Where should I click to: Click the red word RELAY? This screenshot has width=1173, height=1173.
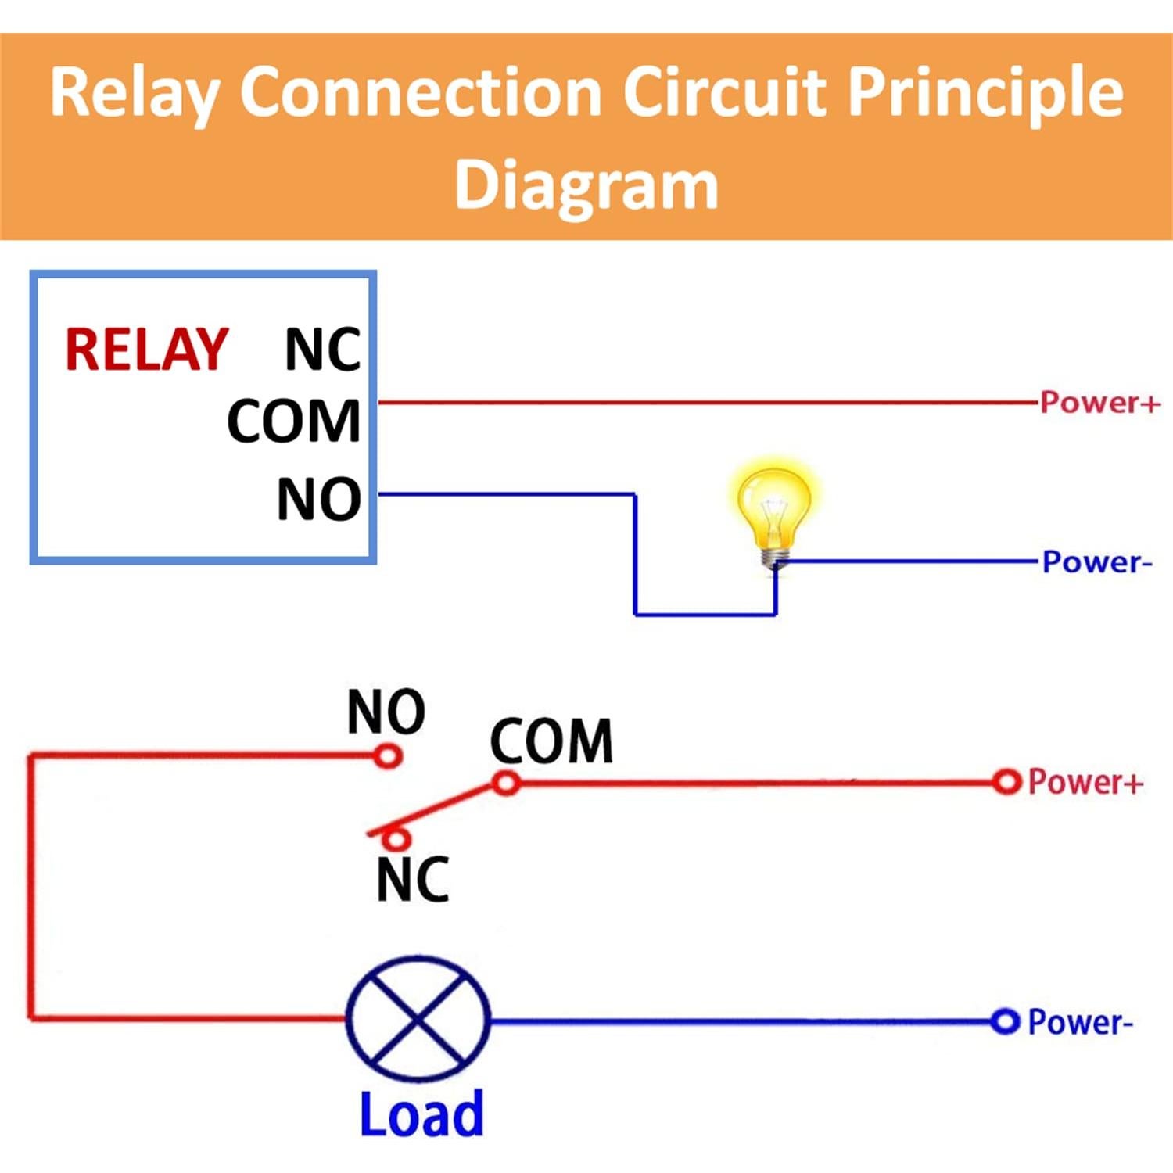tap(146, 350)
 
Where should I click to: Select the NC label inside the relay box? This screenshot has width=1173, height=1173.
tap(322, 350)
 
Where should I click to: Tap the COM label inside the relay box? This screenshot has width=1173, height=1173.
tap(294, 421)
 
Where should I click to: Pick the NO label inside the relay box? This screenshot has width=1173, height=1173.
tap(319, 499)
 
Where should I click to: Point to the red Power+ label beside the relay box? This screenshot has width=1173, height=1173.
tap(1099, 403)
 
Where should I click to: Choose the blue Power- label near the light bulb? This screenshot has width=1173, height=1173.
tap(1097, 562)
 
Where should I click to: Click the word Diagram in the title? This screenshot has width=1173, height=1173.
tap(586, 185)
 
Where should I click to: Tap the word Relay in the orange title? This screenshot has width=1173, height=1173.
tap(135, 94)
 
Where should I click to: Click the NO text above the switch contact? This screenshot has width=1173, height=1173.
tap(386, 712)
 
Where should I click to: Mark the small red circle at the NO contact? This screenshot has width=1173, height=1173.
tap(388, 756)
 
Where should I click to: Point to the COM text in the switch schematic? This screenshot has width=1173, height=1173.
tap(551, 741)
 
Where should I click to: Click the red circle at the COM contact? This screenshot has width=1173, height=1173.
tap(507, 783)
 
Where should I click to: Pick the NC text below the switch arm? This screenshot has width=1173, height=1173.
tap(412, 880)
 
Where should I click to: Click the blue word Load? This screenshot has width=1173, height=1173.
tap(421, 1114)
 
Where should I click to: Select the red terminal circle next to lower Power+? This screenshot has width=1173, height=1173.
tap(1006, 782)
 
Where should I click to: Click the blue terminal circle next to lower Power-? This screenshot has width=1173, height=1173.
tap(1005, 1021)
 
